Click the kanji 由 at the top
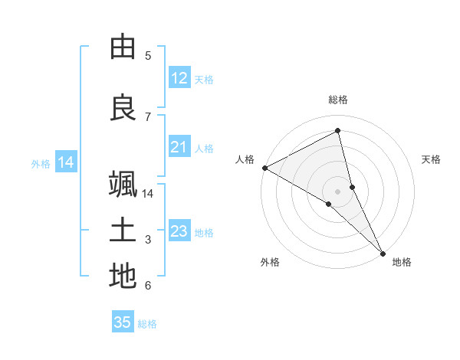point(123,47)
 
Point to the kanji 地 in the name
point(123,277)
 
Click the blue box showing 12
point(179,78)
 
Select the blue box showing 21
point(179,147)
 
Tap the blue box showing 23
point(179,231)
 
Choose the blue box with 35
point(123,322)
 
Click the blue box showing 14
point(66,162)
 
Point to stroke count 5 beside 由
point(148,56)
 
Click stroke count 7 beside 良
point(148,117)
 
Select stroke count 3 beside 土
point(148,240)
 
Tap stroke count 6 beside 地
point(148,286)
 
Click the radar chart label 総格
point(338,100)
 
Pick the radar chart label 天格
point(431,159)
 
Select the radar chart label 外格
point(270,262)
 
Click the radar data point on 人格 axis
point(264,168)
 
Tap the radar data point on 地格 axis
point(383,252)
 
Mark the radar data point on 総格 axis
point(338,131)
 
